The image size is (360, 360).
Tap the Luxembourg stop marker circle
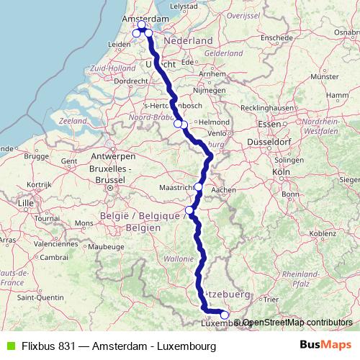point(225,315)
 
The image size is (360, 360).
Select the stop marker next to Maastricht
point(199,186)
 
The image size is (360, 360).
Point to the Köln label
point(281,173)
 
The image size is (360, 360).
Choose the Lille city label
point(27,203)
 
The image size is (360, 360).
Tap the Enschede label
point(277,37)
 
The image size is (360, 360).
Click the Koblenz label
point(323,233)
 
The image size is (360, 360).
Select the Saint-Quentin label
point(38,297)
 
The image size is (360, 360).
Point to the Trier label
point(271,298)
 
